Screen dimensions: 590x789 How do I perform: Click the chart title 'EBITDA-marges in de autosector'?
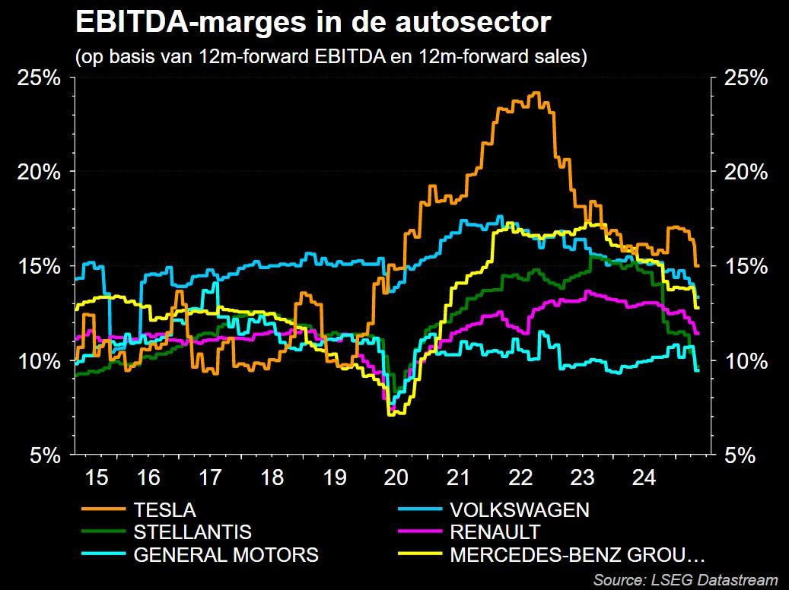click(x=312, y=23)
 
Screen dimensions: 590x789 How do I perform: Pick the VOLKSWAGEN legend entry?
click(x=520, y=509)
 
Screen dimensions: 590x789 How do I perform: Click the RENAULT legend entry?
click(x=495, y=531)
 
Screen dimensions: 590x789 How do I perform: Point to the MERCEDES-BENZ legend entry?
click(x=577, y=554)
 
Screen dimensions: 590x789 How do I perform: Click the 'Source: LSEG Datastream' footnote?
click(x=686, y=580)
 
